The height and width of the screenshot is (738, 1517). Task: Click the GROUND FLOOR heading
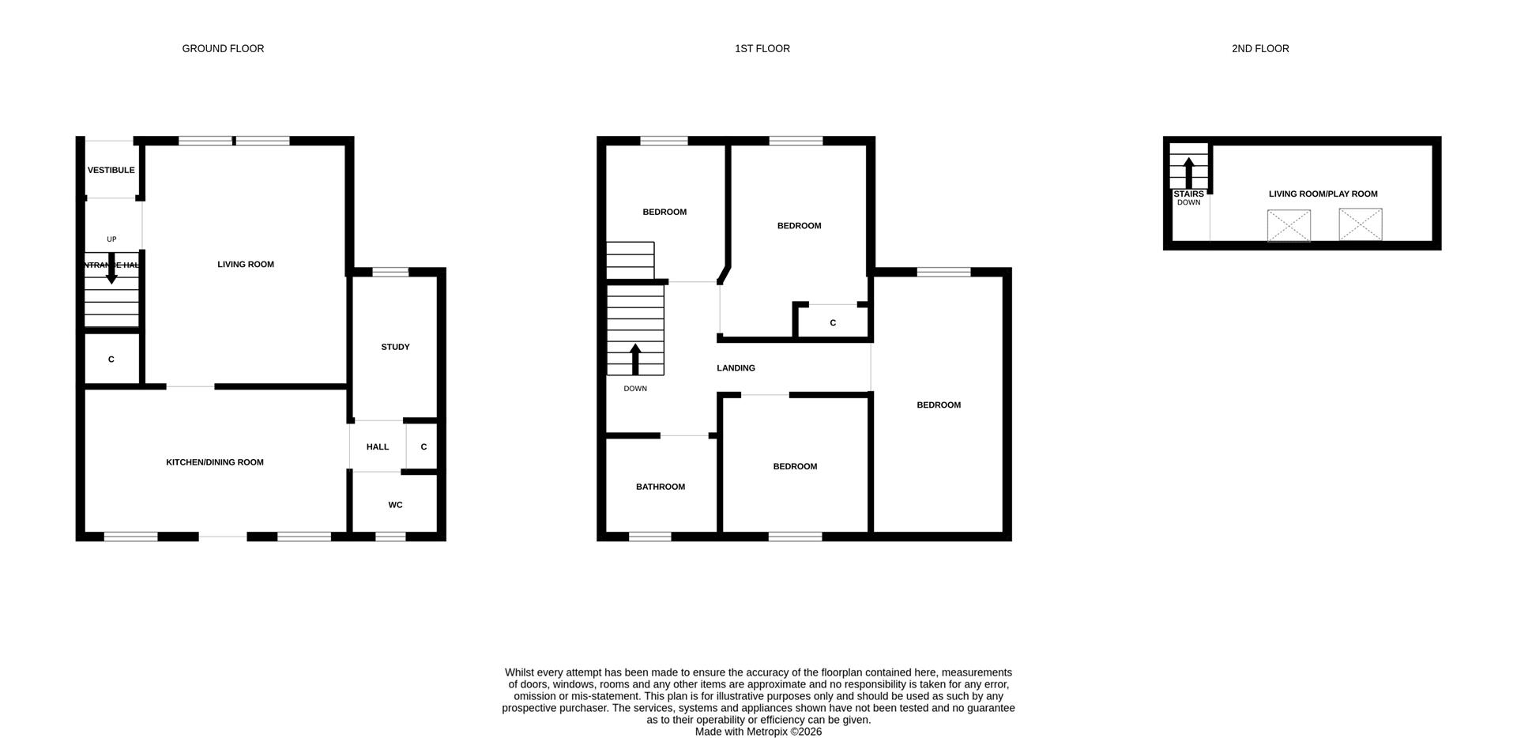pos(223,49)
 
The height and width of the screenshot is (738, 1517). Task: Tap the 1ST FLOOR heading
pos(762,49)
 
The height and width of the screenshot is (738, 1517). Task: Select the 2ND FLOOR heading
pos(1259,49)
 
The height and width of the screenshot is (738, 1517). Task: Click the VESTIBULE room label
pos(111,170)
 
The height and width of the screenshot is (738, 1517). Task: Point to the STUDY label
pos(395,347)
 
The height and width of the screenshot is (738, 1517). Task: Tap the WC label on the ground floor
pos(395,505)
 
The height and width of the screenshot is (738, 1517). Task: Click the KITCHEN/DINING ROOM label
pos(214,462)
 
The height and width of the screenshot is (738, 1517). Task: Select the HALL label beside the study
pos(377,447)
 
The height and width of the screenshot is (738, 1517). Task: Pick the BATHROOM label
pos(660,487)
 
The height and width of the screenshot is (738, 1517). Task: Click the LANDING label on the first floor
pos(736,368)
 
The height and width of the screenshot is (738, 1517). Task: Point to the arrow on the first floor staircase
pos(635,358)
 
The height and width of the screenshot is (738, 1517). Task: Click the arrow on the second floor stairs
pos(1188,171)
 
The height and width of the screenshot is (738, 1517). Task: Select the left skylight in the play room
pos(1289,225)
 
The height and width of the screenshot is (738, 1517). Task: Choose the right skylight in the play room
pos(1360,224)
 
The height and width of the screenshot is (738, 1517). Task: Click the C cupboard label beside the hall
pos(423,447)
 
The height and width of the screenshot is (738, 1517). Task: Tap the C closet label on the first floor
pos(833,323)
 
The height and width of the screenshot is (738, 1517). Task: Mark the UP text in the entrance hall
pos(111,239)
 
